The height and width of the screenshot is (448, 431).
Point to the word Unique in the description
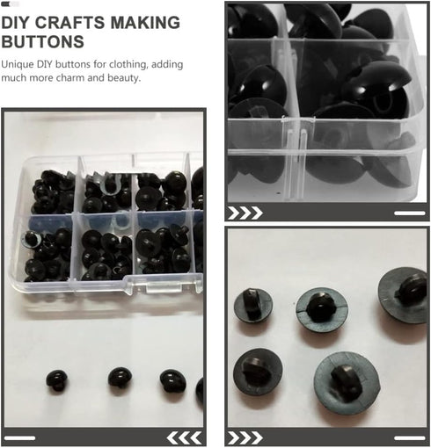coord(19,64)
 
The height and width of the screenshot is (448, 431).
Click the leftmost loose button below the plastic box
coord(58,379)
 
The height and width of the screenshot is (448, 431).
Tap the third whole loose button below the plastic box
coord(172,379)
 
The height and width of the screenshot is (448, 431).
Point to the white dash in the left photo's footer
coord(20,437)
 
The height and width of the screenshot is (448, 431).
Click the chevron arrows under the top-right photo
coord(245,213)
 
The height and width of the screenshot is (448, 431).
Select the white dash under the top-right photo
coord(409,213)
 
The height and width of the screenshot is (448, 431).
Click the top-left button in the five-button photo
coord(252,304)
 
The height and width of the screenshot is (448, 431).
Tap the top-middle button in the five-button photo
coord(321,305)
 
